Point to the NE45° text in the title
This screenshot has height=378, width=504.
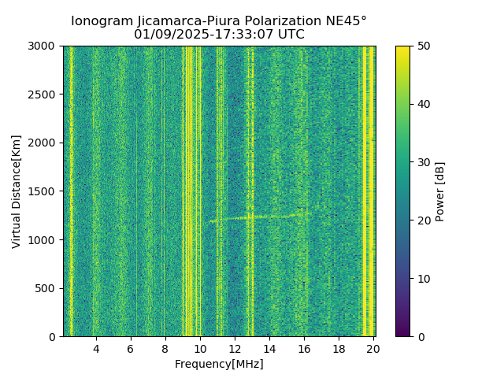343,21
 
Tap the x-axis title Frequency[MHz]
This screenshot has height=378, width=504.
219,364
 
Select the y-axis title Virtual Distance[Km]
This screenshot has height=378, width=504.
17,191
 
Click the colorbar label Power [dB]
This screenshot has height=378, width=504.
440,191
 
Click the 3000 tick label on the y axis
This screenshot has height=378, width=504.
44,46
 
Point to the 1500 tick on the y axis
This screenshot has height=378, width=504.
44,191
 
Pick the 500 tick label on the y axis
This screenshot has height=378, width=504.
46,288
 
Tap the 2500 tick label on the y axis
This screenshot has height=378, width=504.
44,94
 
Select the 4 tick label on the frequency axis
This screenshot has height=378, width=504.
96,349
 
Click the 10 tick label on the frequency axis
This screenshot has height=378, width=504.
200,349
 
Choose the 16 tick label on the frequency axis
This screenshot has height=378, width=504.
304,349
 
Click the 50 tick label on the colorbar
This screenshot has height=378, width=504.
423,46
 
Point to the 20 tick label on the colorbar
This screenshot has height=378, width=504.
423,220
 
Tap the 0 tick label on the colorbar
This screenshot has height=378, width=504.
420,337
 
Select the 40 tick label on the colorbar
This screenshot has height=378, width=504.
423,104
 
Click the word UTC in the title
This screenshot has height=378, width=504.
291,35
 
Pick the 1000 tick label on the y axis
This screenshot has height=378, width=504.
44,240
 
